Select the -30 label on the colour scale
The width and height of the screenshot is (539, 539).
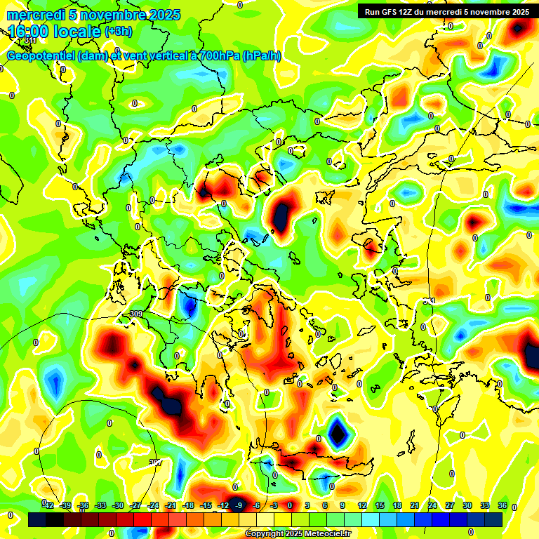coord(118,505)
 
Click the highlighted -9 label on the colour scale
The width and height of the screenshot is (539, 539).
coord(239,505)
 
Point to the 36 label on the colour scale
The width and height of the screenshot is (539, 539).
coord(502,505)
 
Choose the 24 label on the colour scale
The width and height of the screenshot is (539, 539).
coord(432,505)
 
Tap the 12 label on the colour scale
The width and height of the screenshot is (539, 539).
coord(361,505)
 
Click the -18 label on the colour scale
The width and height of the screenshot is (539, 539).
coord(188,505)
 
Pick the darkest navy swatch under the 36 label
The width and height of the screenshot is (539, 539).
coord(493,519)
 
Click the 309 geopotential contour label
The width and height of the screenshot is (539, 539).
coord(136,314)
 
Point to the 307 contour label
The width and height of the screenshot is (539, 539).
coord(155,462)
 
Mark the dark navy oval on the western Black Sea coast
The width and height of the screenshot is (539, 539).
coord(282,217)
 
